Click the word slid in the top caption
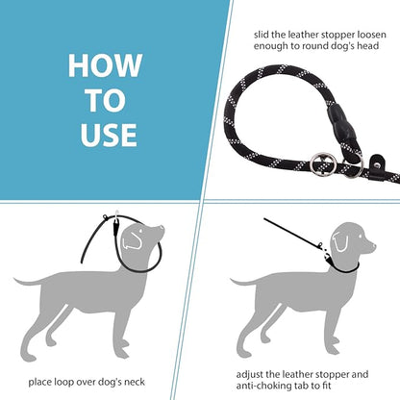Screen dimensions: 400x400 coord(262,35)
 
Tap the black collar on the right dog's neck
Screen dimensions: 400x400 coord(344,266)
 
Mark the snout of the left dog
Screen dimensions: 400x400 coord(158,232)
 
